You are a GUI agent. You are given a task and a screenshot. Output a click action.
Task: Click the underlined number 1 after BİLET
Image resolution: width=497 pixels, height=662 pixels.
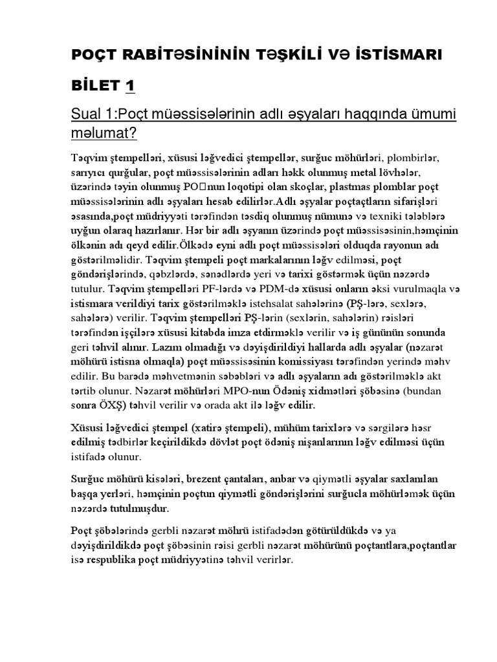click(130, 85)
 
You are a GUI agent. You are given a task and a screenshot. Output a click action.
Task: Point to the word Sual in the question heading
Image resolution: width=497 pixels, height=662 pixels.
click(87, 114)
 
